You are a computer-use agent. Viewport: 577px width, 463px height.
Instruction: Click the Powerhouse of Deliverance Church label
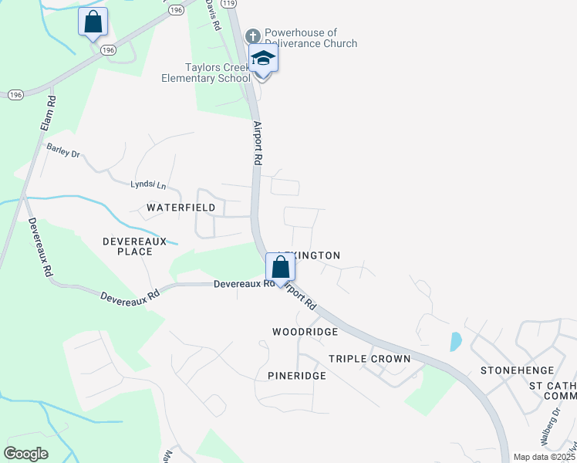pyautogui.click(x=310, y=39)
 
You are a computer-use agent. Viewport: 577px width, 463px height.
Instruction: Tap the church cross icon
pyautogui.click(x=253, y=36)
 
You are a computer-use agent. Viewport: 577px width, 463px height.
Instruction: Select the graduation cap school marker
pyautogui.click(x=263, y=59)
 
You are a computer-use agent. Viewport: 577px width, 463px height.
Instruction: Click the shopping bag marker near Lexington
pyautogui.click(x=282, y=269)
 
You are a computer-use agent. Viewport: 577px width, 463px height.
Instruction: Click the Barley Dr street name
pyautogui.click(x=63, y=150)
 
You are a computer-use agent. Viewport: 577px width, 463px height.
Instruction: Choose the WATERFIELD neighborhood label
pyautogui.click(x=181, y=208)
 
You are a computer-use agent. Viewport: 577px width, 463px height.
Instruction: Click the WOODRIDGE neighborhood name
pyautogui.click(x=305, y=332)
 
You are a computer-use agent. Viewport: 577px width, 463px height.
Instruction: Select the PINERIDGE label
pyautogui.click(x=297, y=376)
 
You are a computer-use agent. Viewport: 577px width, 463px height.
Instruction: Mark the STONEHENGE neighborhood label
pyautogui.click(x=513, y=370)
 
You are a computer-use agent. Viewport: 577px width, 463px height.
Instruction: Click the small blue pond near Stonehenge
pyautogui.click(x=455, y=340)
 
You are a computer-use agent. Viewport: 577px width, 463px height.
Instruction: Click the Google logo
pyautogui.click(x=26, y=454)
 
